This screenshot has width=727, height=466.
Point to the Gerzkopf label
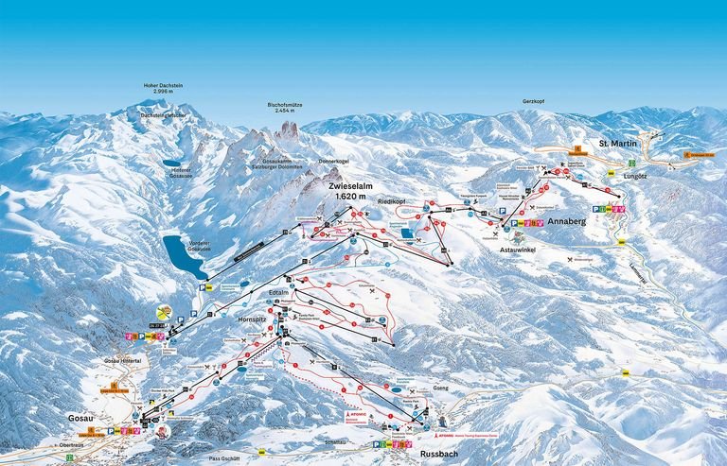[535, 101]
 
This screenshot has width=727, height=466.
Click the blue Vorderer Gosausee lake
[184, 254]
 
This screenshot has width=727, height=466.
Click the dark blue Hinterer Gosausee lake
[177, 162]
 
